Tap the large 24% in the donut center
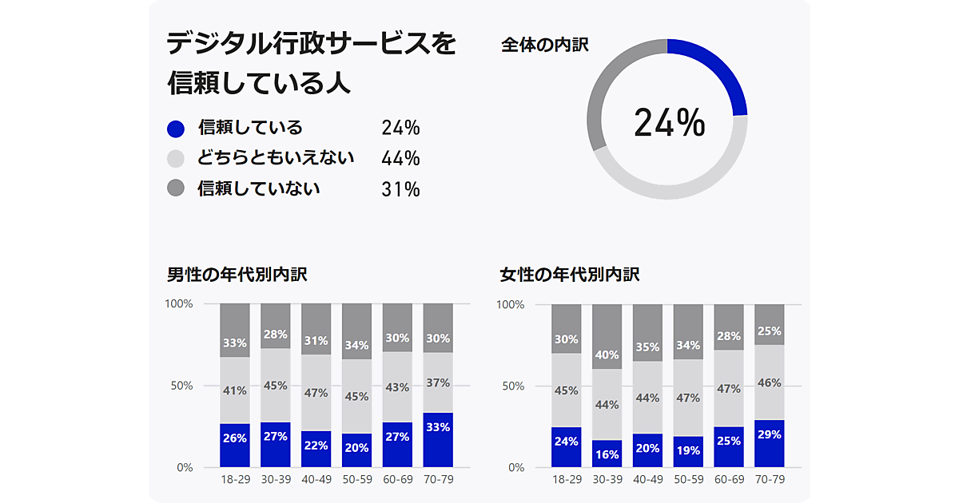point(669,122)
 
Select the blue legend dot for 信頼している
point(176,129)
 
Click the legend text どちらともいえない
point(276,157)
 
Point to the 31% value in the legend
point(400,189)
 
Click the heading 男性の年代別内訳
point(237,275)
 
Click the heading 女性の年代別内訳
point(570,275)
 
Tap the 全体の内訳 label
point(545,46)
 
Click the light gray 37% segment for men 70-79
point(438,382)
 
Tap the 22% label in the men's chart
point(316,446)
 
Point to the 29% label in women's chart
point(769,435)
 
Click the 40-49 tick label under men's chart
point(316,479)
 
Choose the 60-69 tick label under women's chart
point(729,479)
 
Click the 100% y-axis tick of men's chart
point(179,303)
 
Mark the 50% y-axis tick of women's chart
point(513,386)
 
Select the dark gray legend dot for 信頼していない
point(176,188)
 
